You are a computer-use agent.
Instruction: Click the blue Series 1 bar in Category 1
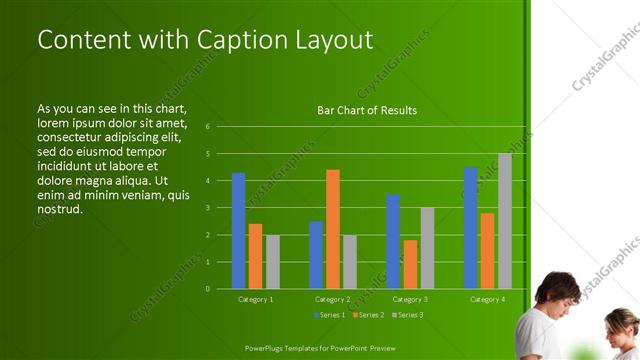238,231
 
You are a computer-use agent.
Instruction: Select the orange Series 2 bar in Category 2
332,229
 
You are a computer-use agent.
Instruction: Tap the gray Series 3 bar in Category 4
504,221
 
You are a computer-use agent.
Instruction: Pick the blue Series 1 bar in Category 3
393,241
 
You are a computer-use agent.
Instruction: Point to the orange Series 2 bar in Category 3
410,264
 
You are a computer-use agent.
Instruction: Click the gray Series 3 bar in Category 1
272,262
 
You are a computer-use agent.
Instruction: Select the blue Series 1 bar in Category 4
470,228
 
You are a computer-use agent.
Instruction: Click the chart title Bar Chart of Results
367,110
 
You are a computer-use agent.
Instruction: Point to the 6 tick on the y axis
207,127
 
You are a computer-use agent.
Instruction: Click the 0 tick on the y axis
207,288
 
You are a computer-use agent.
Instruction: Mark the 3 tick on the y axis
207,208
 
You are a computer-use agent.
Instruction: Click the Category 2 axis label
333,299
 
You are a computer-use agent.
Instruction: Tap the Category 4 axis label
487,299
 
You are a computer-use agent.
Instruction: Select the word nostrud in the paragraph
59,210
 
